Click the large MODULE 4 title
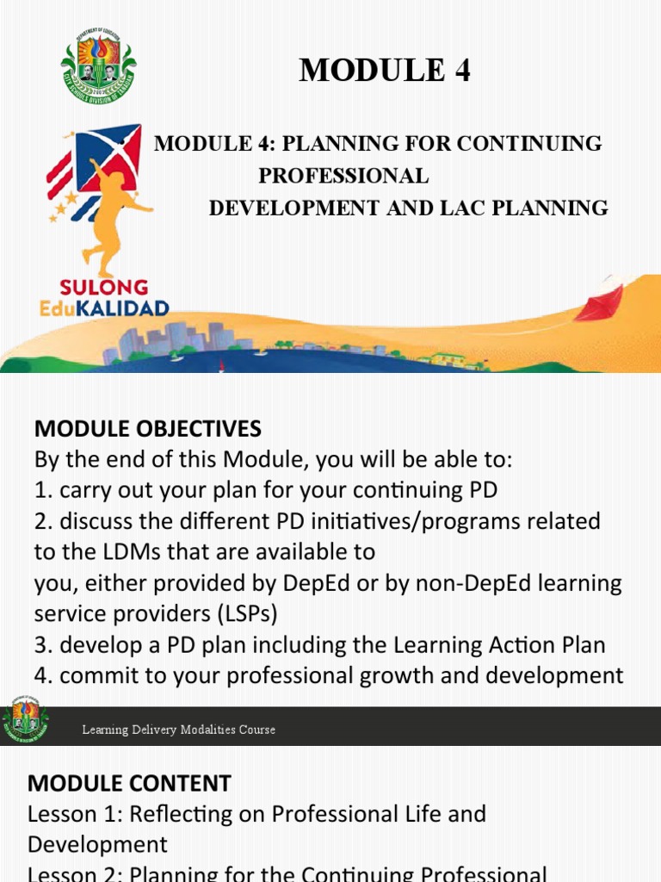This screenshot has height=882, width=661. (x=385, y=71)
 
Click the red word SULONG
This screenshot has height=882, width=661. (x=104, y=288)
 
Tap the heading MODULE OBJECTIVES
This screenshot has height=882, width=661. (x=147, y=428)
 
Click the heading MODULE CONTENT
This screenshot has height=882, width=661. (x=129, y=783)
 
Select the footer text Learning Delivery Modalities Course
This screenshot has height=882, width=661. (x=178, y=730)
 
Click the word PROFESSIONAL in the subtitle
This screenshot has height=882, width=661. (x=343, y=176)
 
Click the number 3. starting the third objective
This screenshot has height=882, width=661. (x=43, y=645)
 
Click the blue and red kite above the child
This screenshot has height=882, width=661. (x=109, y=157)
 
